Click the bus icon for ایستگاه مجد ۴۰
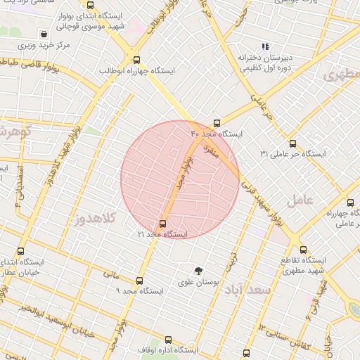pyautogui.click(x=217, y=122)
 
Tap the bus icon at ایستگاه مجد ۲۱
pyautogui.click(x=164, y=224)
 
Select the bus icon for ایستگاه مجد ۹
pyautogui.click(x=139, y=280)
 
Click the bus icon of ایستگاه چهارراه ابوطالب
pyautogui.click(x=136, y=60)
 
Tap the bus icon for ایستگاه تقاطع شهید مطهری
pyautogui.click(x=303, y=250)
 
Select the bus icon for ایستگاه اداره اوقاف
pyautogui.click(x=169, y=340)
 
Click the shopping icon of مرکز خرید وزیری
pyautogui.click(x=44, y=33)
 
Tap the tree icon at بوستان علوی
pyautogui.click(x=199, y=271)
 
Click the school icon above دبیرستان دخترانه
pyautogui.click(x=265, y=46)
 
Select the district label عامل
pyautogui.click(x=309, y=200)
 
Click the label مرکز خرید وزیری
pyautogui.click(x=44, y=46)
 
